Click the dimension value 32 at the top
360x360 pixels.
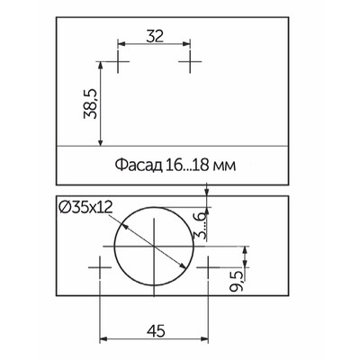[155, 36]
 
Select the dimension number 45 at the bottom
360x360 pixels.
[155, 329]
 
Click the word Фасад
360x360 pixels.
[137, 166]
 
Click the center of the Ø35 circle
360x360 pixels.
[155, 245]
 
